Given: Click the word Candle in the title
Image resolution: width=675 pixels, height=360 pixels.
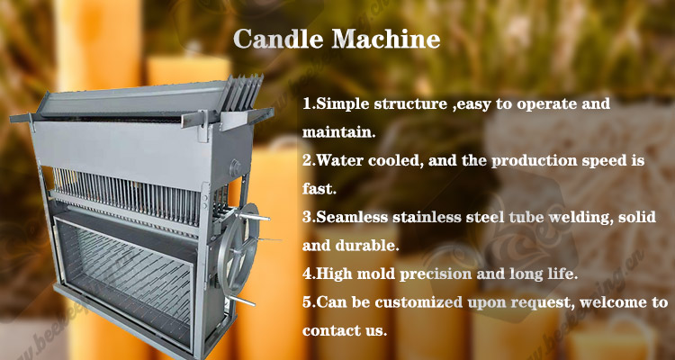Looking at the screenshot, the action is tap(278, 39).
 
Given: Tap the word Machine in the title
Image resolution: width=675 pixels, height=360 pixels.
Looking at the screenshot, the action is tap(386, 39).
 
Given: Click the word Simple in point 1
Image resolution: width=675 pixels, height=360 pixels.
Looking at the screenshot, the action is tap(340, 105).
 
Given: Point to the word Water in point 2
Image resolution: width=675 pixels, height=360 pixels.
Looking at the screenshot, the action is tap(339, 160).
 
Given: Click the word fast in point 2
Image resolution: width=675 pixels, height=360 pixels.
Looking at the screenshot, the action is tap(318, 189).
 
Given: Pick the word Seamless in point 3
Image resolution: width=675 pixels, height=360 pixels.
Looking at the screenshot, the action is tap(351, 217).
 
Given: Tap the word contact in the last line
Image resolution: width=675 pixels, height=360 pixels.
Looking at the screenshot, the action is tap(329, 330).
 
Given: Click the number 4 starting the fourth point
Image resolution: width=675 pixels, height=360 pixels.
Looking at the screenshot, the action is tap(307, 274).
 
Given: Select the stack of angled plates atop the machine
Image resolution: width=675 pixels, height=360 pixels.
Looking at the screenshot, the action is tap(240, 94).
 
